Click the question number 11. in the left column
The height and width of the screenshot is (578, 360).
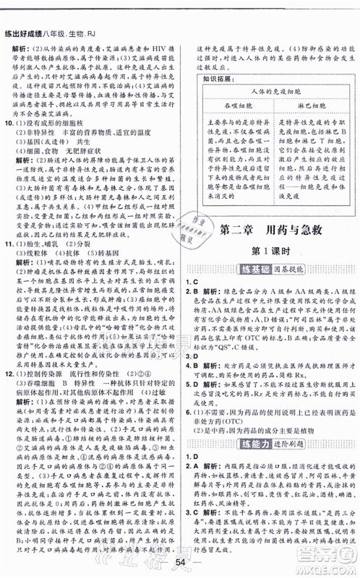click(9, 264)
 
